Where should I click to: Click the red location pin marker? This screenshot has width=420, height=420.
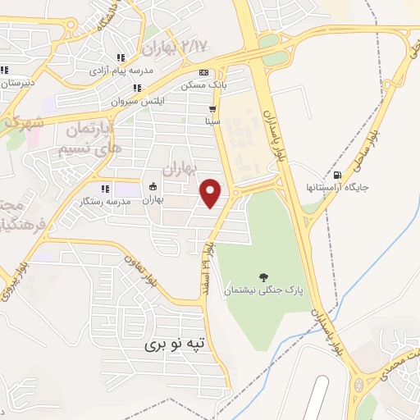pyautogui.click(x=212, y=193)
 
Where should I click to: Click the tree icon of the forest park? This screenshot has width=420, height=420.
pyautogui.click(x=263, y=277)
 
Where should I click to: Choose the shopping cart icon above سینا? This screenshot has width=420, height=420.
pyautogui.click(x=213, y=108)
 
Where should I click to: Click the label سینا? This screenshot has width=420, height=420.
pyautogui.click(x=213, y=121)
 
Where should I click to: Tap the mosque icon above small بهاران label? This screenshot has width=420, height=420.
pyautogui.click(x=153, y=185)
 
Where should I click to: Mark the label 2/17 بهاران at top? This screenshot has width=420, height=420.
pyautogui.click(x=176, y=45)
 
